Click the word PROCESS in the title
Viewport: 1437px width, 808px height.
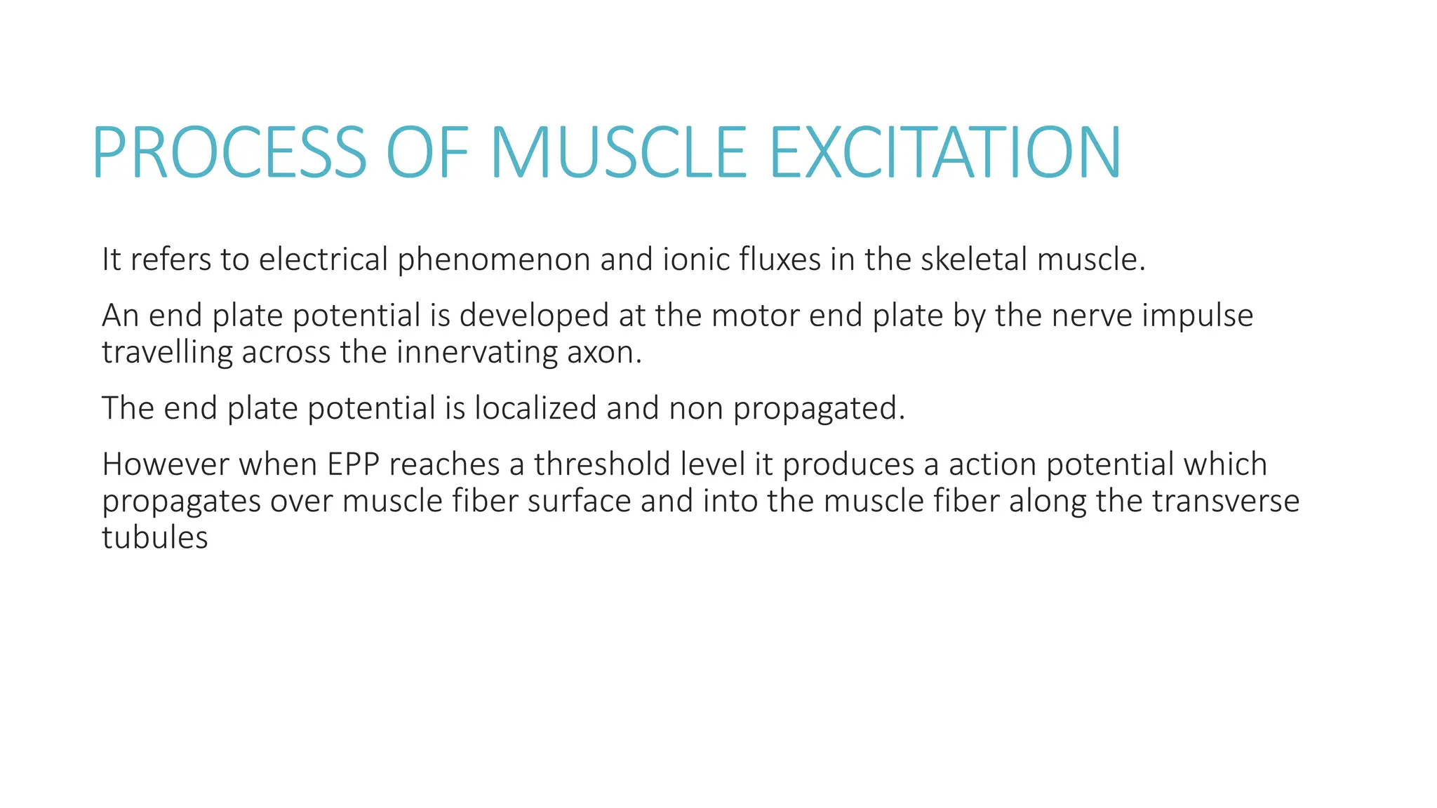tap(229, 153)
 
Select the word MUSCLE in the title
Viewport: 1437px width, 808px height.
tap(618, 153)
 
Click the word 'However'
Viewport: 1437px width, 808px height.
tap(165, 464)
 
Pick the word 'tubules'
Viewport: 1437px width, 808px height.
tap(154, 538)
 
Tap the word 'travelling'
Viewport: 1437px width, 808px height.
tap(167, 352)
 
